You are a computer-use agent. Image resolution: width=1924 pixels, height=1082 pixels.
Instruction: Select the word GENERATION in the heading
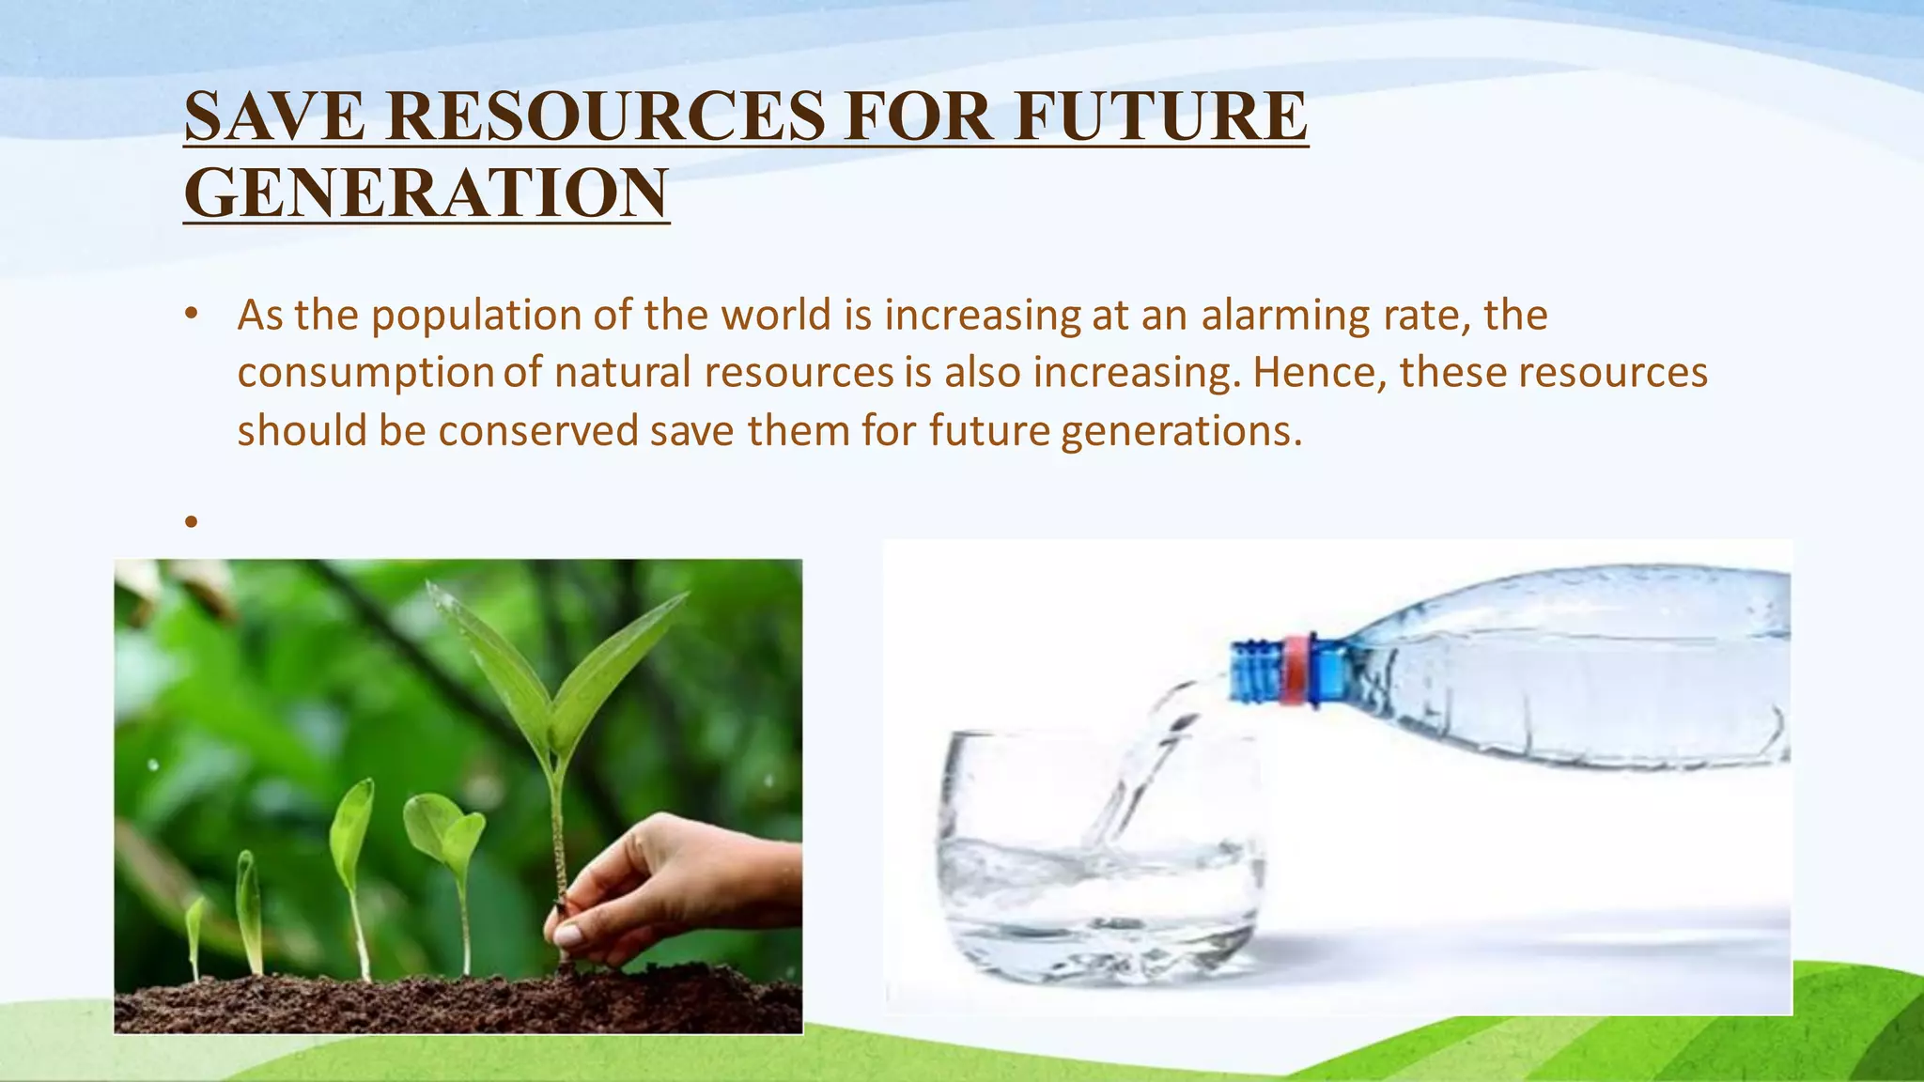tap(427, 193)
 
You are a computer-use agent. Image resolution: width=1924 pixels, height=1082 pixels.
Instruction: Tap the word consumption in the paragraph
tap(365, 374)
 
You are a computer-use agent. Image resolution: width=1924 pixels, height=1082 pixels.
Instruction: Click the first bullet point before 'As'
tap(192, 315)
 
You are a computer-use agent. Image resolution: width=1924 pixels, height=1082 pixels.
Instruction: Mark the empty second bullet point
tap(192, 521)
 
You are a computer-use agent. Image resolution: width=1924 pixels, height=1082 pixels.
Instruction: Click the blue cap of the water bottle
tap(1254, 671)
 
